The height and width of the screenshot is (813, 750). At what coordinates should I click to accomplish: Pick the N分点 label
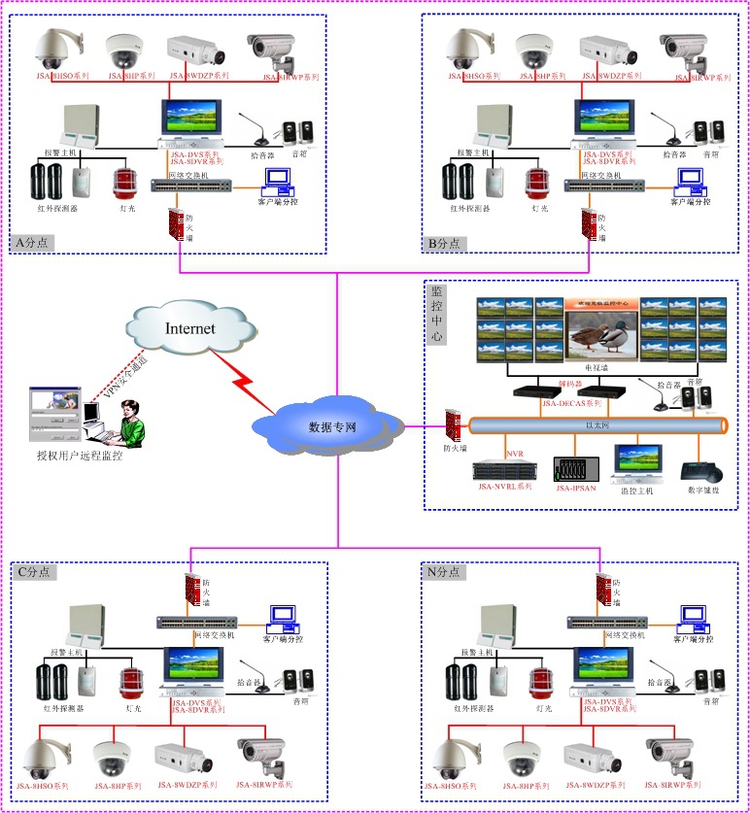(446, 572)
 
